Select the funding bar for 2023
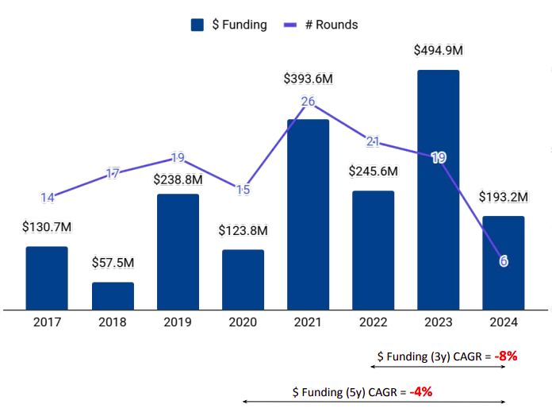pyautogui.click(x=438, y=190)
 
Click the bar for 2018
pyautogui.click(x=113, y=295)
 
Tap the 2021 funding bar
pyautogui.click(x=308, y=214)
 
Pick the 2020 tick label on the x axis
pyautogui.click(x=243, y=322)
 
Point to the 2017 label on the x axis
pyautogui.click(x=47, y=322)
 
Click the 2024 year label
pyautogui.click(x=503, y=322)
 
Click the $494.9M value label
pyautogui.click(x=439, y=50)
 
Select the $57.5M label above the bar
pyautogui.click(x=113, y=262)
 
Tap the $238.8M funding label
pyautogui.click(x=178, y=179)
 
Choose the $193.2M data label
pyautogui.click(x=503, y=196)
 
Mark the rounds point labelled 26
pyautogui.click(x=309, y=101)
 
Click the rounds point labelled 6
pyautogui.click(x=504, y=260)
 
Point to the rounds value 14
pyautogui.click(x=48, y=198)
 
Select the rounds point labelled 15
pyautogui.click(x=243, y=190)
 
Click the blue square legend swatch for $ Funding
pyautogui.click(x=198, y=25)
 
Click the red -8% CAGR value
pyautogui.click(x=505, y=356)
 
